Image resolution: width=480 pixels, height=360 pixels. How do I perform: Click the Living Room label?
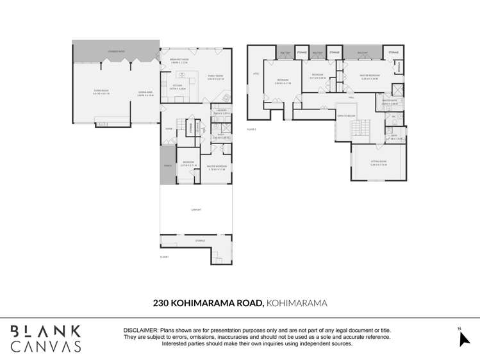click(x=100, y=92)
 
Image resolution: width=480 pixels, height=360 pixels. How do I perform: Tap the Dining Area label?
click(x=145, y=92)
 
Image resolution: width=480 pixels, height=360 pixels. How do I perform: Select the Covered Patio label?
click(x=116, y=50)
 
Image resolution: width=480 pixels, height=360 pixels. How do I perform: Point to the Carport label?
click(x=196, y=209)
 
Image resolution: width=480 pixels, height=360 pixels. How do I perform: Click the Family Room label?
click(x=215, y=76)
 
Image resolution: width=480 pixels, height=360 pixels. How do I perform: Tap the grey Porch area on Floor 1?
click(x=167, y=165)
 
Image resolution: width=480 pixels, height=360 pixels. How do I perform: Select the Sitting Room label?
click(x=379, y=161)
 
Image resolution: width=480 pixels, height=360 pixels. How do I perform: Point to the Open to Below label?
click(x=346, y=116)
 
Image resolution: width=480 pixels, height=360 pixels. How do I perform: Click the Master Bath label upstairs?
click(x=390, y=101)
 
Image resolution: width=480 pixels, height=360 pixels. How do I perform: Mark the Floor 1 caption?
click(x=164, y=257)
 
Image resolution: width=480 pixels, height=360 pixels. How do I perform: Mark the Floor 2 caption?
click(x=251, y=129)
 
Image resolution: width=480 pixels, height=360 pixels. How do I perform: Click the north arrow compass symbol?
click(x=464, y=338)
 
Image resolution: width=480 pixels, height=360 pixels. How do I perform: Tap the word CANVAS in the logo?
click(x=46, y=346)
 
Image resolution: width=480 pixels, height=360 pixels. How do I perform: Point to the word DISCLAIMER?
click(x=140, y=331)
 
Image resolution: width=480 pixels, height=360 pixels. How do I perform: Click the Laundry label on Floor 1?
click(x=221, y=110)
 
